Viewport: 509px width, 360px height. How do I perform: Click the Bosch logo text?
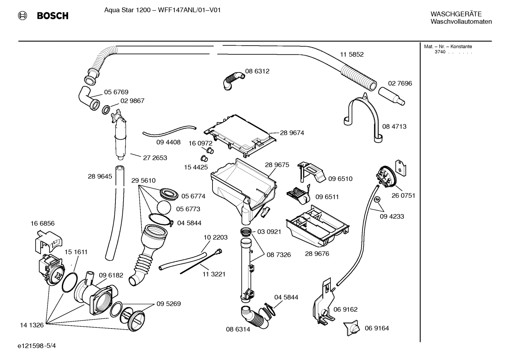tap(52, 16)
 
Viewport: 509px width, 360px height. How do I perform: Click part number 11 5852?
tap(352, 54)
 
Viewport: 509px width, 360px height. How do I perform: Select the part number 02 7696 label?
tap(400, 83)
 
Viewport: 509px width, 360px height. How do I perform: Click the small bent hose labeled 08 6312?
tap(233, 80)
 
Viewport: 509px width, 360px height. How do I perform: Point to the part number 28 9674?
tap(292, 133)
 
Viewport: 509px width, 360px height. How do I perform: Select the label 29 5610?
tap(143, 181)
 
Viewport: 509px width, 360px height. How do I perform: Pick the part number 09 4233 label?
tap(392, 216)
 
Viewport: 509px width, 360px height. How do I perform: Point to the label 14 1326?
tap(32, 325)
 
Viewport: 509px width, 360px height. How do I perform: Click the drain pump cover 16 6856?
tap(47, 239)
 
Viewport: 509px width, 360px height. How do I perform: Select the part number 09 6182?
tap(111, 275)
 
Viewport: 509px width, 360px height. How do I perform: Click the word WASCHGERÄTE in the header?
tap(456, 14)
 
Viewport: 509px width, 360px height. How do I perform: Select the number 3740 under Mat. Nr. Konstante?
tap(440, 52)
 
